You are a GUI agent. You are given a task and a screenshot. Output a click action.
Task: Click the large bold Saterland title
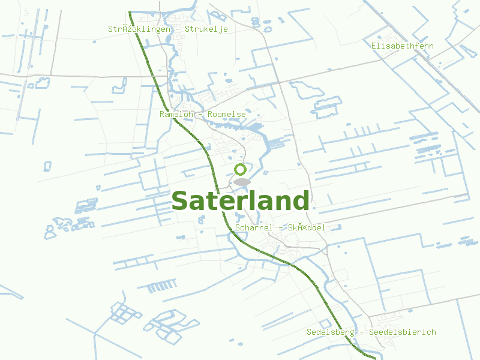pos(240,202)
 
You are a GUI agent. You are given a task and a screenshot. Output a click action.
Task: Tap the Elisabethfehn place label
pos(402,46)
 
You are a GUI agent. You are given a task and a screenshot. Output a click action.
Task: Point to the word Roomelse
pos(227,114)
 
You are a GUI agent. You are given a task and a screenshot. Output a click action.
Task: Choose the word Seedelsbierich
pos(403,332)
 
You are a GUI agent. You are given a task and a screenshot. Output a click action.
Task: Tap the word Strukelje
pos(206,29)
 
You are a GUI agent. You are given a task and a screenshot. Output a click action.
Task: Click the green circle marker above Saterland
pos(241,169)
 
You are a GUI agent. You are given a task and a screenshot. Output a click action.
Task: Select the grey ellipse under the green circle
pos(241,182)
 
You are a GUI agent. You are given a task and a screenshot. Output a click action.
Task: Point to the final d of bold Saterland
pos(301,200)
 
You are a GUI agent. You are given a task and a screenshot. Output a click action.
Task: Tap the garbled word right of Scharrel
pos(307,228)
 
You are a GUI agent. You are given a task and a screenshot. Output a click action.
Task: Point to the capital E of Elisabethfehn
pos(374,46)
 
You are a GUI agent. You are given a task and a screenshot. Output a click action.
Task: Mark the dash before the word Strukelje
pos(179,29)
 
